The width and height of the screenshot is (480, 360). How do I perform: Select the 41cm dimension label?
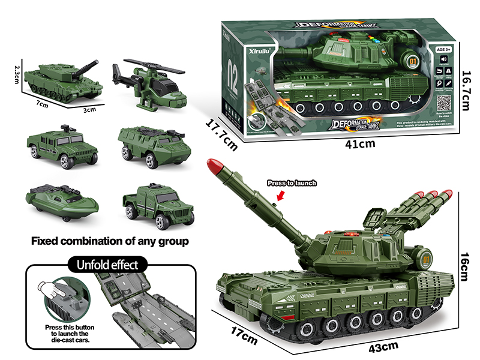[360, 143]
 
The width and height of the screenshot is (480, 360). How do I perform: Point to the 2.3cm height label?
[17, 75]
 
